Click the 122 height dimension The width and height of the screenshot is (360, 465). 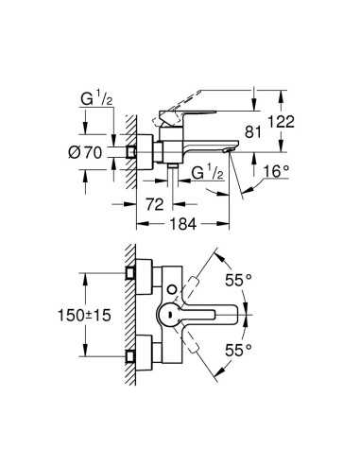pyautogui.click(x=282, y=122)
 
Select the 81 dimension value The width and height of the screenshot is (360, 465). pyautogui.click(x=253, y=131)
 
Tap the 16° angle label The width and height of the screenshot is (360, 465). pyautogui.click(x=276, y=172)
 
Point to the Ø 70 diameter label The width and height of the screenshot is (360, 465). pyautogui.click(x=85, y=153)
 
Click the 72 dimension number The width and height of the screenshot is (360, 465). pyautogui.click(x=155, y=204)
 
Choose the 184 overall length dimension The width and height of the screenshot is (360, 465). pyautogui.click(x=183, y=224)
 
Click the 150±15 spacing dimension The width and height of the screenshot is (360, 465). pyautogui.click(x=84, y=315)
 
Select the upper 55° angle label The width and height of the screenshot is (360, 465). pyautogui.click(x=238, y=280)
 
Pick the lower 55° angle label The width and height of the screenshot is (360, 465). pyautogui.click(x=238, y=350)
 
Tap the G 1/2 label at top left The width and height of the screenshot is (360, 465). pyautogui.click(x=96, y=100)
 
